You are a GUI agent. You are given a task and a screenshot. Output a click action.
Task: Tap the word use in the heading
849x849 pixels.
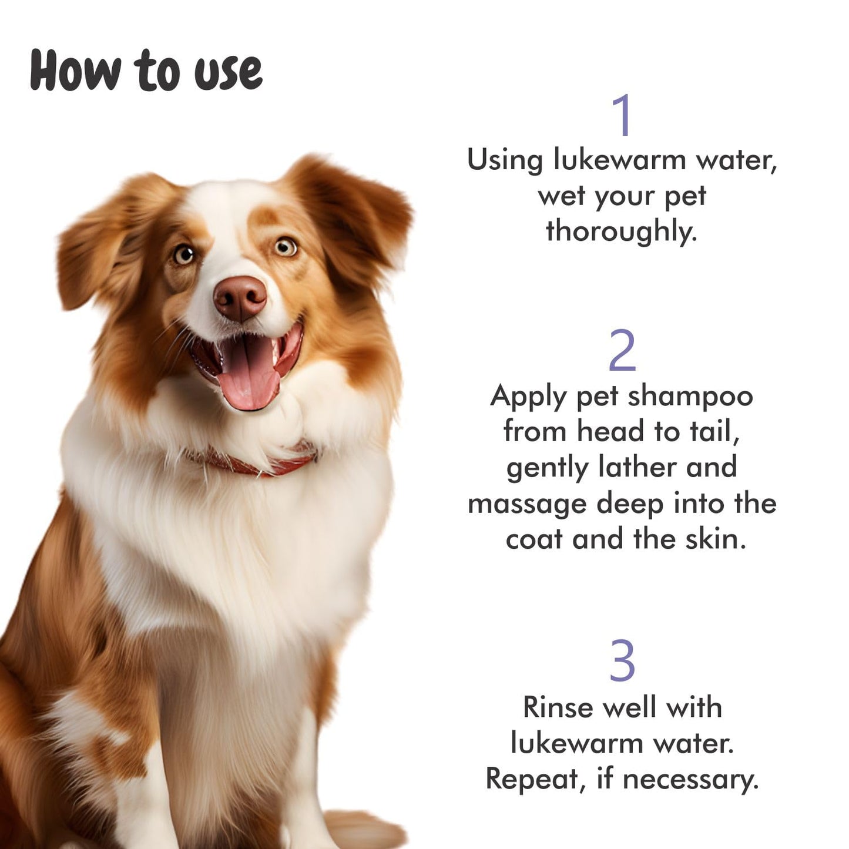click(x=228, y=73)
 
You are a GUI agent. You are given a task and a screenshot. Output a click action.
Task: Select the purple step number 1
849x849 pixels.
click(x=622, y=115)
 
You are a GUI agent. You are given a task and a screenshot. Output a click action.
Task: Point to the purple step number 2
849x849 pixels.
click(x=622, y=350)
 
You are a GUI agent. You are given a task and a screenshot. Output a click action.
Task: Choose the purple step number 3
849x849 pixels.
click(x=622, y=660)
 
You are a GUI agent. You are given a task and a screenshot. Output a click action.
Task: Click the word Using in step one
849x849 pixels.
click(x=504, y=161)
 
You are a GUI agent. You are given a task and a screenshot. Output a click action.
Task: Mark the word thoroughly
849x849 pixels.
click(x=620, y=231)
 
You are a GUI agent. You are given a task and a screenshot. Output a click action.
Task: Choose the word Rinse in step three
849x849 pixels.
click(x=558, y=707)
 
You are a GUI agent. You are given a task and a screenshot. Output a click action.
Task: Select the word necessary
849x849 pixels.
click(x=690, y=780)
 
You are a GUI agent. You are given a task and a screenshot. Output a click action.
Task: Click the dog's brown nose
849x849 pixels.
click(x=240, y=298)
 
